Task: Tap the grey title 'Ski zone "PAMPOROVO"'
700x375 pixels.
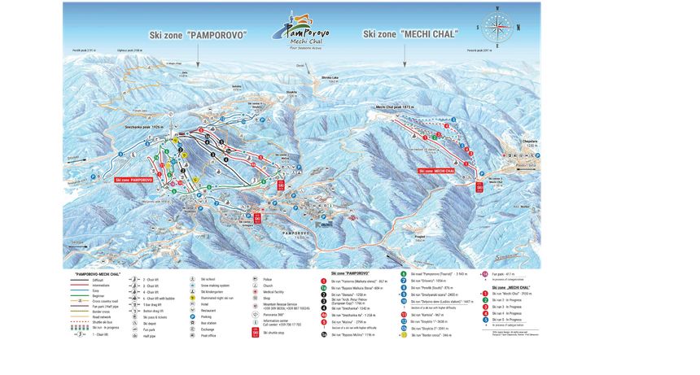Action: click(x=197, y=35)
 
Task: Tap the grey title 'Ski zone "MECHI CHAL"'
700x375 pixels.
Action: click(x=410, y=34)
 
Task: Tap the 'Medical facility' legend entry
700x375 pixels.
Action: click(x=273, y=291)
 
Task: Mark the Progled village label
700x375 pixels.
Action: click(x=420, y=237)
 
